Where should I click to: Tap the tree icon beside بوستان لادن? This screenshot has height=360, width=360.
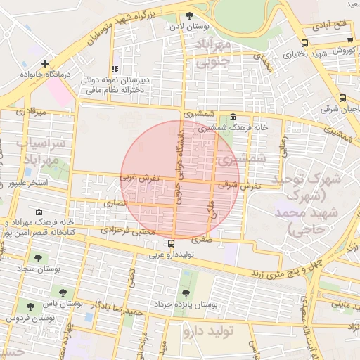point(188,15)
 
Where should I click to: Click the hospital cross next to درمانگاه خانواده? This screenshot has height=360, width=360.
point(46,63)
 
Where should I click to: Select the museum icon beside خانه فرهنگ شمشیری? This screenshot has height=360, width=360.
point(233,117)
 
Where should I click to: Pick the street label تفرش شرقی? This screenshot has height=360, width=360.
point(240,186)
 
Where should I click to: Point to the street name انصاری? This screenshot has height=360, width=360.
point(117,202)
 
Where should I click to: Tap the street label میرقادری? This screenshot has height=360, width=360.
point(30,112)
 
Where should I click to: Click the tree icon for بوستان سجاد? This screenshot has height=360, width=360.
point(37,258)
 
